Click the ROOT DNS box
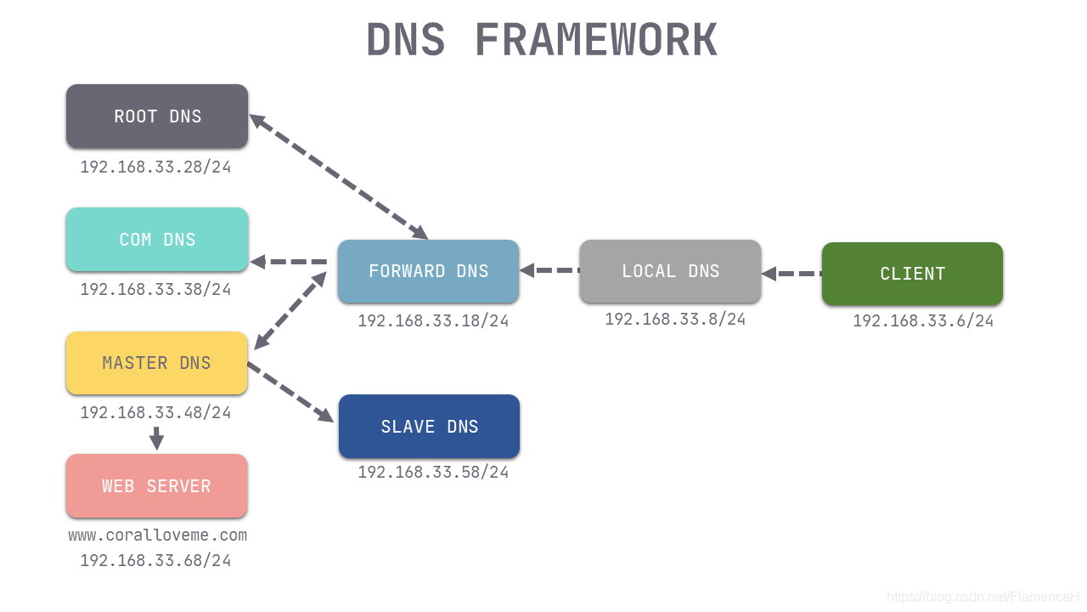point(157,116)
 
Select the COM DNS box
point(157,240)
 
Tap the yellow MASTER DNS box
point(157,363)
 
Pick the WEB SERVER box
point(157,486)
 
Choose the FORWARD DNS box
point(428,271)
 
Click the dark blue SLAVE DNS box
point(429,427)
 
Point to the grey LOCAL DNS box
point(670,271)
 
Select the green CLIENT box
point(912,274)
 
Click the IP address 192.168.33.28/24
point(155,167)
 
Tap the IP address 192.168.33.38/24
point(155,290)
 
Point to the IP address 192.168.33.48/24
point(155,413)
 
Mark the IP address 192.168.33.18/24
point(433,321)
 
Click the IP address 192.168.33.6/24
point(923,321)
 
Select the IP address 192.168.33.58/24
point(433,473)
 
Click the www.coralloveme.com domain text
point(158,535)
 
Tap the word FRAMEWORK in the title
point(595,40)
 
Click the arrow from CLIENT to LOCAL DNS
point(791,274)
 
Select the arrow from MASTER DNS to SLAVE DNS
point(290,392)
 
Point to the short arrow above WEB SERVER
point(156,439)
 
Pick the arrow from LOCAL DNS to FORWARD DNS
point(549,270)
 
